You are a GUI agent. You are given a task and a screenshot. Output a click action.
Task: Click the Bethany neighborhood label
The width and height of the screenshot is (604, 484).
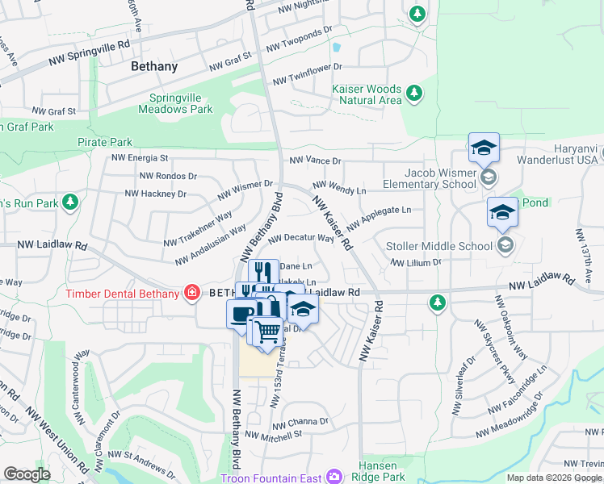click(x=160, y=68)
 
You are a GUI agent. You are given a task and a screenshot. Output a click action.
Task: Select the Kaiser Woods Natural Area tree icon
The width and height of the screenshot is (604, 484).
click(x=414, y=94)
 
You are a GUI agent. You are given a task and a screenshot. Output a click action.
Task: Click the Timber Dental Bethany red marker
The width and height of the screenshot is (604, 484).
click(x=192, y=293)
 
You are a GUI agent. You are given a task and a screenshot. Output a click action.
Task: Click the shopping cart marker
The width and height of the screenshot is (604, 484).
click(x=267, y=330)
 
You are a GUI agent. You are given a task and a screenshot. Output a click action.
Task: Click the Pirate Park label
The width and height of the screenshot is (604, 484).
click(x=103, y=142)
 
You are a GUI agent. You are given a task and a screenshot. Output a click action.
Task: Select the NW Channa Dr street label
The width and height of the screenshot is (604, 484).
click(x=300, y=422)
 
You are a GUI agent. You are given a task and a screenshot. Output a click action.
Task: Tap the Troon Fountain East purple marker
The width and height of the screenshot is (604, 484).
click(x=331, y=478)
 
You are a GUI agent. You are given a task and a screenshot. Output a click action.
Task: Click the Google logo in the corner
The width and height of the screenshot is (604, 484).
click(x=27, y=474)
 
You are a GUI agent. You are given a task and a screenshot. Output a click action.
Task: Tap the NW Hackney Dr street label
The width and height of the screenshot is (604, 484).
click(x=155, y=194)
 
